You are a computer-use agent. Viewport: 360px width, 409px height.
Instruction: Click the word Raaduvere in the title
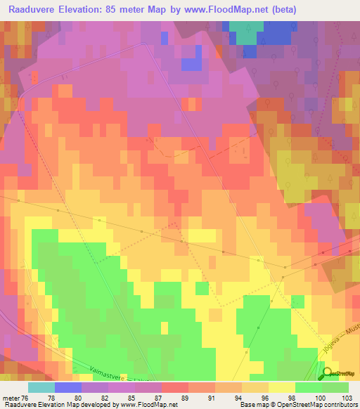tap(33, 10)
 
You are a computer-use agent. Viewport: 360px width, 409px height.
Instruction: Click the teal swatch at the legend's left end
tap(41, 387)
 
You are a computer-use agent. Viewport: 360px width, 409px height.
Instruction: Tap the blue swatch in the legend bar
tap(67, 387)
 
